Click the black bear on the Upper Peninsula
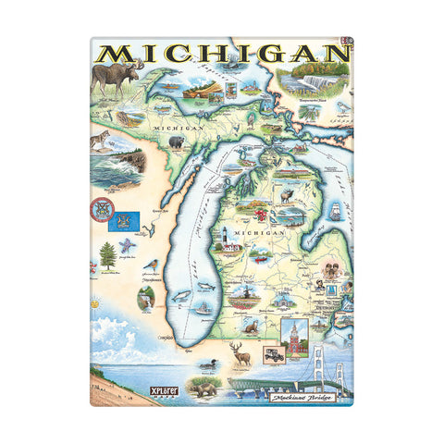[x=176, y=142]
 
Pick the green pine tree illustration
[x=108, y=254]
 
